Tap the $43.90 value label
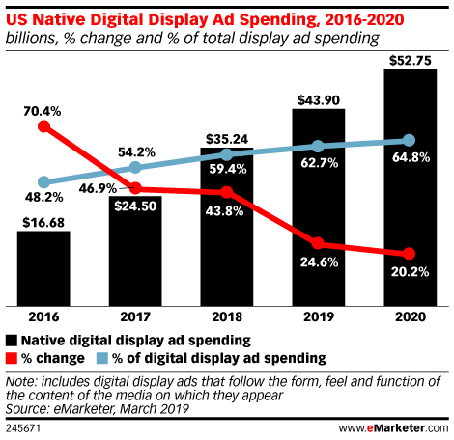[317, 98]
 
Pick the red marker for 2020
[409, 255]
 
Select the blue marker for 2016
[43, 181]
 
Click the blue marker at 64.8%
[409, 140]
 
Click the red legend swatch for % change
[13, 357]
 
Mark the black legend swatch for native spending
[13, 340]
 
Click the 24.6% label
[317, 262]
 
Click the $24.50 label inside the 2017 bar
[136, 205]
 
